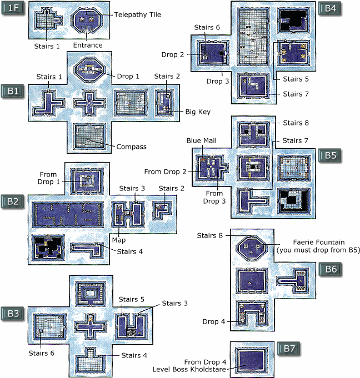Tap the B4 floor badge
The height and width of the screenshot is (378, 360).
(x=332, y=9)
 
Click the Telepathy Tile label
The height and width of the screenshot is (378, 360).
(x=138, y=14)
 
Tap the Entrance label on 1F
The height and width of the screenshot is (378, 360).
(x=88, y=45)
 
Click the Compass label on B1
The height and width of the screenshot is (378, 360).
(x=132, y=147)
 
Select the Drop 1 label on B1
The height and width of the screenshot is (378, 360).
(x=128, y=76)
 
